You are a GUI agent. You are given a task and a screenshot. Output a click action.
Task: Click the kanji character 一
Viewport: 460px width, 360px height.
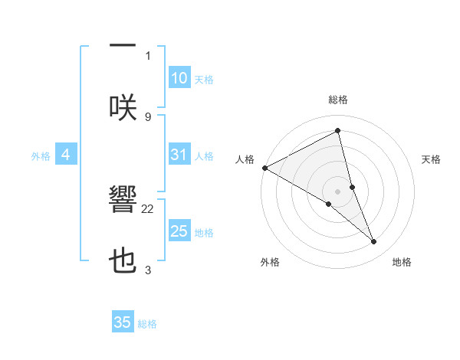(x=123, y=46)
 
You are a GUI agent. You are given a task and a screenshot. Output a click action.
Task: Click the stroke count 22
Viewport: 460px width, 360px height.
(x=148, y=208)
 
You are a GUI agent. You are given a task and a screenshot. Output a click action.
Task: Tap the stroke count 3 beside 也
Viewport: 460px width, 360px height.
(x=147, y=270)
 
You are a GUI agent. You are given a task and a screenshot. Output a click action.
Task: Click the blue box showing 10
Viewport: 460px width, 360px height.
(x=179, y=78)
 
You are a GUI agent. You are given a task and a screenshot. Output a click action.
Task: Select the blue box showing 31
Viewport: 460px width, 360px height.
(x=179, y=155)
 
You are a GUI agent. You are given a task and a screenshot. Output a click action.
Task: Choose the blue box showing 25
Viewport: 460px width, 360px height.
(x=179, y=231)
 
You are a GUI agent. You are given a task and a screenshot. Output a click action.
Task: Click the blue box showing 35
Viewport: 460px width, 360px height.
(x=123, y=322)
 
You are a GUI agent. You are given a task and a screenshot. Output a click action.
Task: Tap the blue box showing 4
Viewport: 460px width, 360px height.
(x=65, y=155)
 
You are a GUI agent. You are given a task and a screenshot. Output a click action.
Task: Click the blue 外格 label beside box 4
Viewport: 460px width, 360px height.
(x=41, y=155)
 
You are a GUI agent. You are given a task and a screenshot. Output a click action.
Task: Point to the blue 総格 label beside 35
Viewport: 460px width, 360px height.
(x=147, y=324)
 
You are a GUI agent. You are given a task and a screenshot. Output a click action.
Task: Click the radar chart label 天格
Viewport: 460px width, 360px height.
(x=432, y=159)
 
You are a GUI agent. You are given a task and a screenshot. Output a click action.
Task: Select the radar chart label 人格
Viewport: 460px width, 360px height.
(x=245, y=159)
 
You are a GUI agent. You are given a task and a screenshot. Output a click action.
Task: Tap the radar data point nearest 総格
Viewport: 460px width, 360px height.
(x=338, y=131)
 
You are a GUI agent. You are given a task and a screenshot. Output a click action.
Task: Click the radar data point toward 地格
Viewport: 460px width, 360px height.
(x=374, y=242)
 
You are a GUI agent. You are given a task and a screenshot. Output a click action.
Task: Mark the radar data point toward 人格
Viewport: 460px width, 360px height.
(x=264, y=168)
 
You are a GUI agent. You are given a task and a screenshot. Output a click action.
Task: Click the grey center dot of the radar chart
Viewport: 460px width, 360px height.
(x=338, y=191)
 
